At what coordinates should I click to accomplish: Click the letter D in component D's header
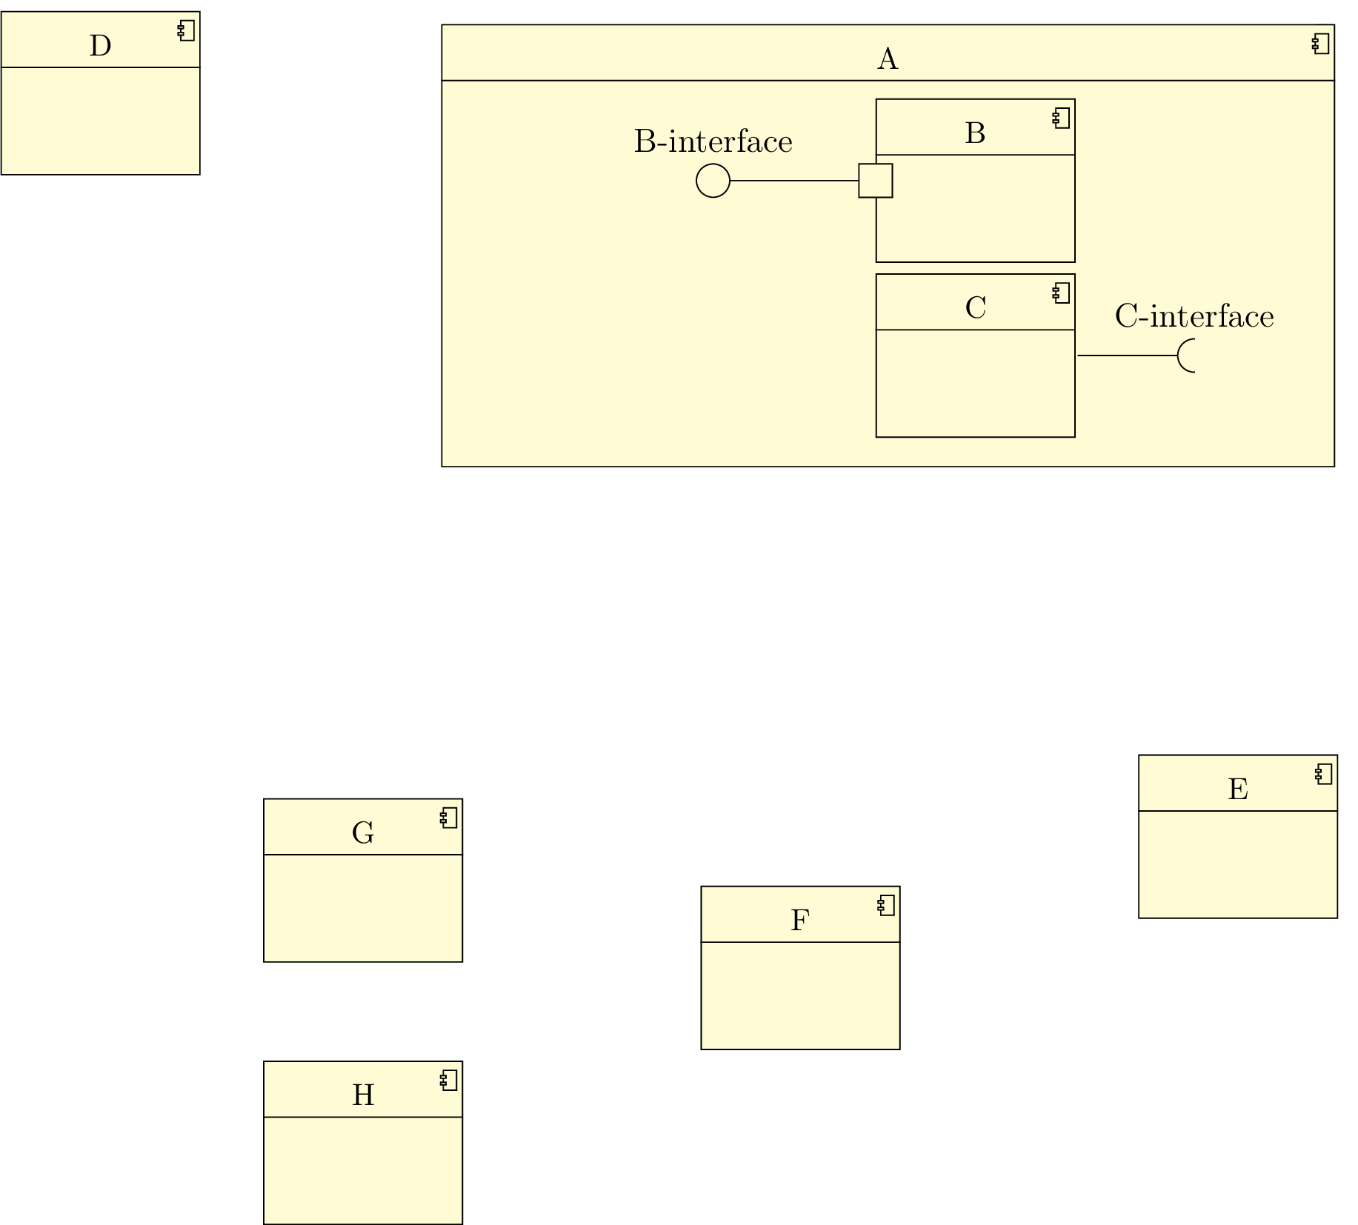(100, 46)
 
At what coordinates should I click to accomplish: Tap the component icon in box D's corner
(186, 31)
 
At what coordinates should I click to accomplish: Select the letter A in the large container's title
(888, 59)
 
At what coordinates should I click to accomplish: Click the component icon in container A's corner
(1320, 44)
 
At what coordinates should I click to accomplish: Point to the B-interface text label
(713, 141)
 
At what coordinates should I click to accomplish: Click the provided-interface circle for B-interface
(713, 181)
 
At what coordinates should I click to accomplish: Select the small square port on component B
(875, 181)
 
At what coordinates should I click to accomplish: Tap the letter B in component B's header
(975, 133)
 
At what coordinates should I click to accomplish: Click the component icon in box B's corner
(1061, 119)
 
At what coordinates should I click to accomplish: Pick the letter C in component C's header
(975, 307)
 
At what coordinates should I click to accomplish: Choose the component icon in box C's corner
(1061, 293)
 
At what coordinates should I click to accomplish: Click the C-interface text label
(1194, 316)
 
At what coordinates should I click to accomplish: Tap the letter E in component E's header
(1237, 790)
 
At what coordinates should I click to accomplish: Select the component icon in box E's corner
(1323, 775)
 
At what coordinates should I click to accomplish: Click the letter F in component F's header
(799, 921)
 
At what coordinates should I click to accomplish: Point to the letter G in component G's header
(363, 833)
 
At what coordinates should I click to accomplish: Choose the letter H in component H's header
(363, 1095)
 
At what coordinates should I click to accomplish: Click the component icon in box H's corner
(448, 1081)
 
